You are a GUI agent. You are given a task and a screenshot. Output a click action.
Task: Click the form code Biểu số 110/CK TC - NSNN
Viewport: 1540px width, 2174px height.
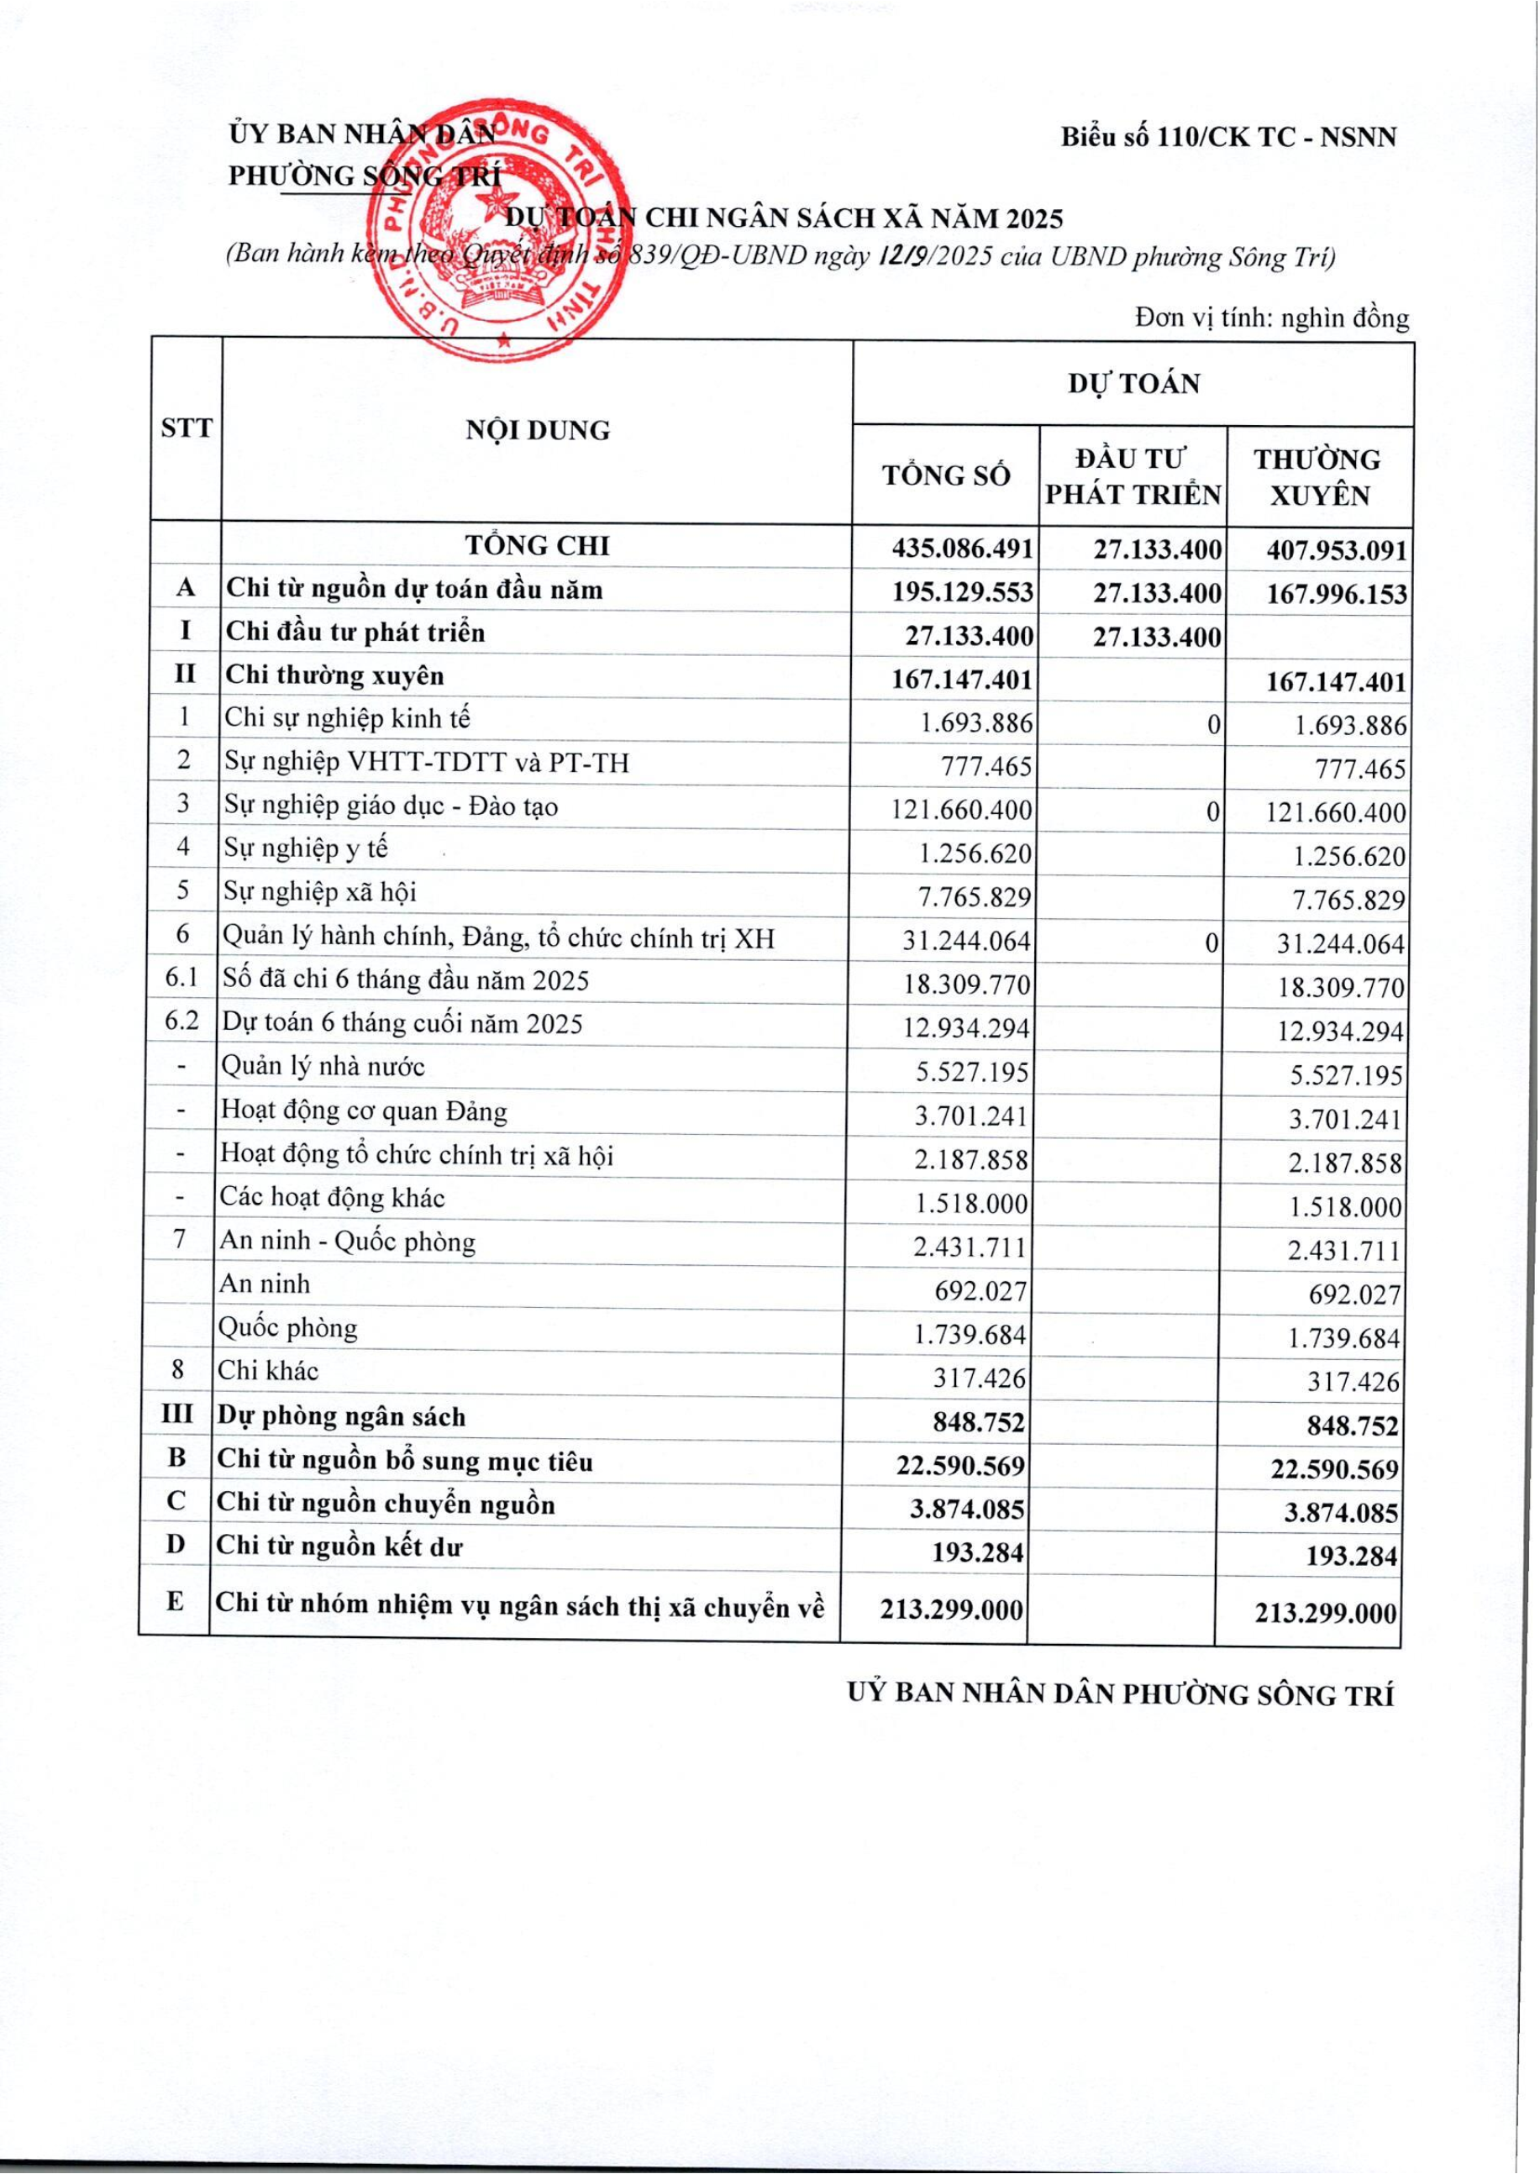(1228, 138)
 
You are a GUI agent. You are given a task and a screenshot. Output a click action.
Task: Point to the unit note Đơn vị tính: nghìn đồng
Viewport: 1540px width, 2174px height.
(1270, 318)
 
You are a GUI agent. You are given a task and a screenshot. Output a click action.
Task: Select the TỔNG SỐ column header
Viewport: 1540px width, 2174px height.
(945, 475)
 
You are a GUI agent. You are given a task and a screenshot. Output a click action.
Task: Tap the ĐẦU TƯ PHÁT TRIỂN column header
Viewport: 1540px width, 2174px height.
(1133, 477)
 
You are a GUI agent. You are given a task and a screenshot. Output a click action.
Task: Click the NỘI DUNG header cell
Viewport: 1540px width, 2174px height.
(537, 430)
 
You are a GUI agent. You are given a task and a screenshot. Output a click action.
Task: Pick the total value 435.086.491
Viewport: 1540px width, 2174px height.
(961, 549)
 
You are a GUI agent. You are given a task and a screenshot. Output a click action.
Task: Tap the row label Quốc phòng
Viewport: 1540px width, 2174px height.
(287, 1327)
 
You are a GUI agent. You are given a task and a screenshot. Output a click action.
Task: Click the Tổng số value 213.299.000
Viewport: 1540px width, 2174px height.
(951, 1609)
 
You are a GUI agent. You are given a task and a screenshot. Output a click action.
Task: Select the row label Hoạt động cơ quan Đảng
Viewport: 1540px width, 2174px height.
(363, 1111)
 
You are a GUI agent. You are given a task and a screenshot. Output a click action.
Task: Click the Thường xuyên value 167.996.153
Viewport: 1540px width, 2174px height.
(1336, 596)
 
